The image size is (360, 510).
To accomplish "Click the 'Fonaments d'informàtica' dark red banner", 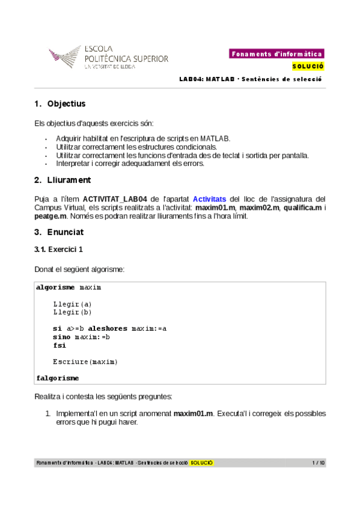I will (276, 54).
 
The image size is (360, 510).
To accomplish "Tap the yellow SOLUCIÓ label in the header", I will (308, 66).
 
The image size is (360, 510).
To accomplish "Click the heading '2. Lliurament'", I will (63, 180).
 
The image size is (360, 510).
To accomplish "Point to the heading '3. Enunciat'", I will (59, 232).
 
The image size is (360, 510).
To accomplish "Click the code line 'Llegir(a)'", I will (72, 304).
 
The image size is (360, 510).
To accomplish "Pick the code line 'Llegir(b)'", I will (72, 313).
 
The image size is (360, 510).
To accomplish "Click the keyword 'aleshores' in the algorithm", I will (109, 329).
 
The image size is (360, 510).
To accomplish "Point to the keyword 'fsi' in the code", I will (59, 346).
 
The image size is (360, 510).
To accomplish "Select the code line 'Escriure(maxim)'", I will (85, 362).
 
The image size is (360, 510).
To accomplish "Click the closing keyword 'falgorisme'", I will (58, 378).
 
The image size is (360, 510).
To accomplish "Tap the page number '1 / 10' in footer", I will (319, 463).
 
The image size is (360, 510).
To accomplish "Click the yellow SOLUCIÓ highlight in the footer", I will (202, 463).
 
